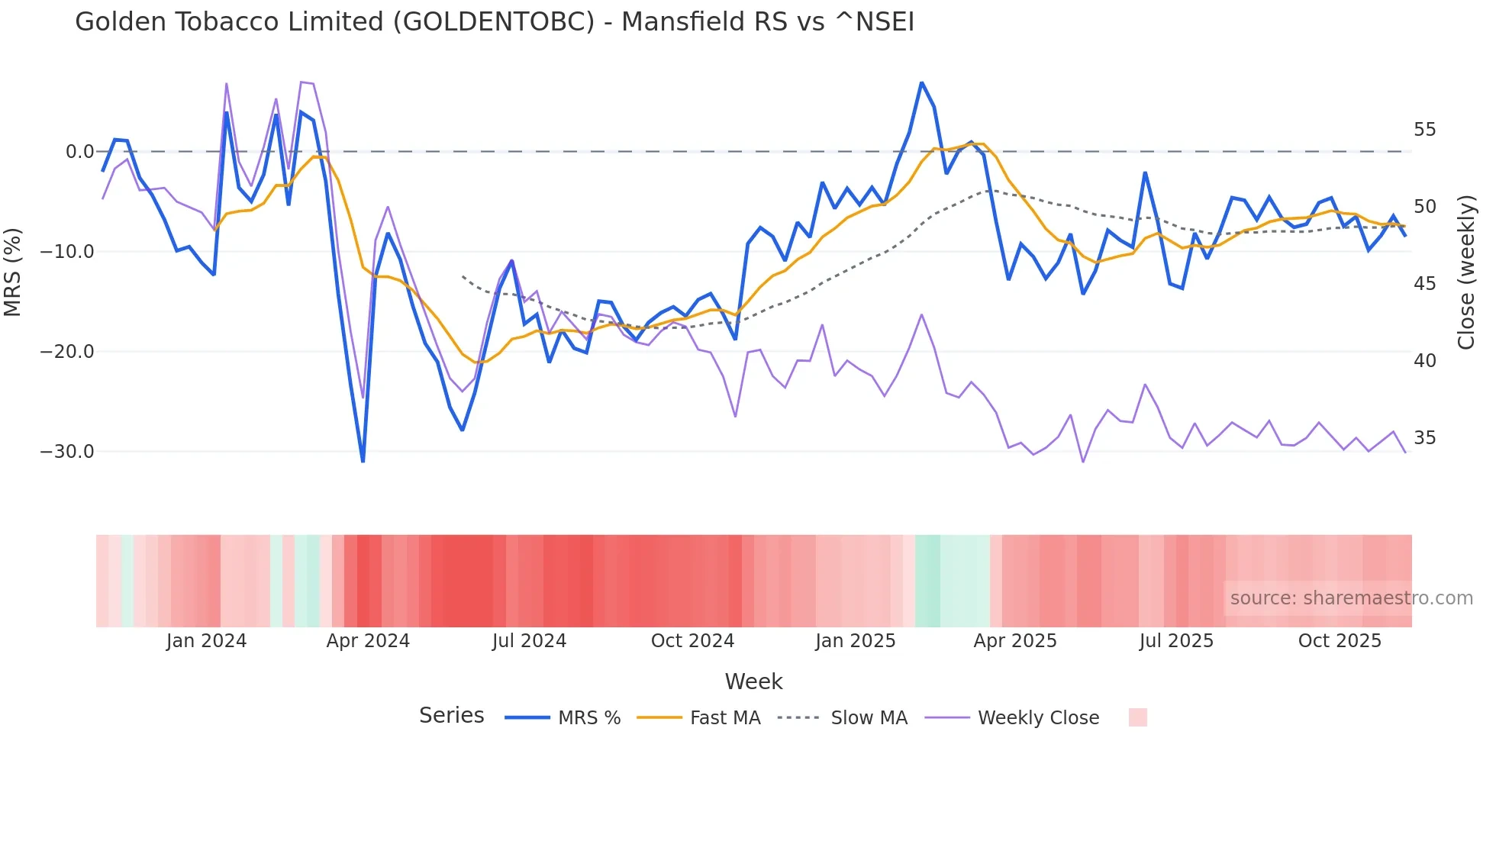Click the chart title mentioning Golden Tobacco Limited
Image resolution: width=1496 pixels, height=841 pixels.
[x=494, y=21]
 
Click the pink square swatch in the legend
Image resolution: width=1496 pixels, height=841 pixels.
[x=1137, y=717]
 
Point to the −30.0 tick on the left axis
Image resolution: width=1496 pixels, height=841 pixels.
[x=67, y=452]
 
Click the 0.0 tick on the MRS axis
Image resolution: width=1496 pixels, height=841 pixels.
[x=79, y=152]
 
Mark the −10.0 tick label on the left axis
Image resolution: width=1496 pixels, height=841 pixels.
[x=67, y=252]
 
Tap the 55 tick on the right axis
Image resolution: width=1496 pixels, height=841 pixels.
[x=1424, y=130]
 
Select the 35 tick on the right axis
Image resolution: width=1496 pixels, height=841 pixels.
[x=1424, y=438]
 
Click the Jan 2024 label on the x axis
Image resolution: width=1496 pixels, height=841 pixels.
[x=206, y=641]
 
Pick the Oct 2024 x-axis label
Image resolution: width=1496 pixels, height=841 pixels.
[x=692, y=641]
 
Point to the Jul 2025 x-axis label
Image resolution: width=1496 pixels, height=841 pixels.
[x=1176, y=641]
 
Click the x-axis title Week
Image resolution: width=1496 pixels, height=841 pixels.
[x=753, y=681]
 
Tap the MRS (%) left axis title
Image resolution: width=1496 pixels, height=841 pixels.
[x=13, y=272]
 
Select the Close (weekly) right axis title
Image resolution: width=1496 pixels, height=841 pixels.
[x=1465, y=272]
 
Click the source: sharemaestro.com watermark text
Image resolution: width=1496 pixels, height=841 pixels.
[x=1351, y=598]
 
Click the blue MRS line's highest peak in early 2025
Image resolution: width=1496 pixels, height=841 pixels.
[x=921, y=82]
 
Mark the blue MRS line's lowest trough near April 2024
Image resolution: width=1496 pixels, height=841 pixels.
[x=363, y=461]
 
